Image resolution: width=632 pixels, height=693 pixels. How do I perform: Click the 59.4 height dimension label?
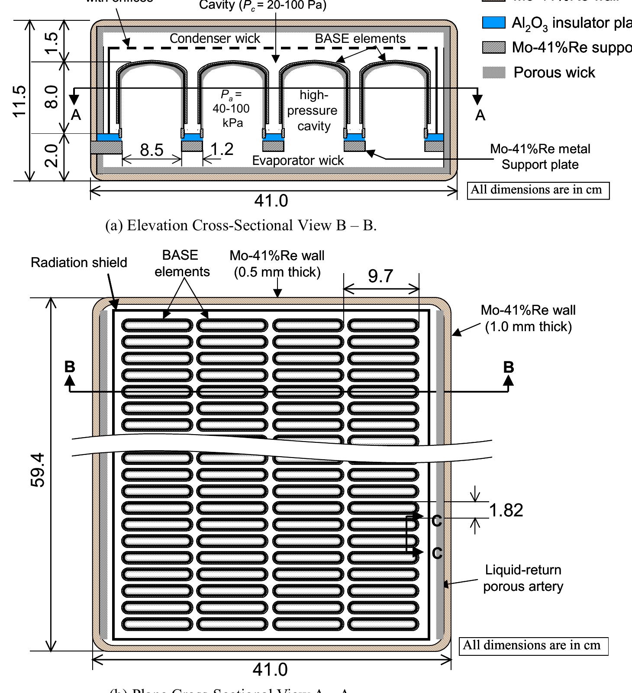[x=38, y=470]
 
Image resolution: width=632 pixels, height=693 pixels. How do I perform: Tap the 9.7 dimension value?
[x=380, y=276]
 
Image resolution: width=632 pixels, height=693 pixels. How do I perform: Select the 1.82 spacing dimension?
[x=506, y=510]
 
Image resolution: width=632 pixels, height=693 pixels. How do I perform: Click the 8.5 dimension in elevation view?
[x=152, y=150]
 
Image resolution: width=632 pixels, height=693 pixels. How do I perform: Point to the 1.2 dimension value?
[x=222, y=149]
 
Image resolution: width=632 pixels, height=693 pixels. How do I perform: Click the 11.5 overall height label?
[x=19, y=101]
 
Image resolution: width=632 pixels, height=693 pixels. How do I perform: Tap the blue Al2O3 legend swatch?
[x=493, y=23]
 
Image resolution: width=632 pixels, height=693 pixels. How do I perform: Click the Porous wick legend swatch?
[x=493, y=72]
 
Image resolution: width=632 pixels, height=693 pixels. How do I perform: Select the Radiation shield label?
[x=79, y=263]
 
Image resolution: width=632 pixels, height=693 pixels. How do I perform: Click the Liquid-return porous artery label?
[x=523, y=578]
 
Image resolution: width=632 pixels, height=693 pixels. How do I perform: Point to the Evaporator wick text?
[x=298, y=161]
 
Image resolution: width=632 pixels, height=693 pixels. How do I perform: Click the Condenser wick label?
[x=215, y=39]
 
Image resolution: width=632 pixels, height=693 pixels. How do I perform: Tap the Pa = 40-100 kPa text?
[x=231, y=108]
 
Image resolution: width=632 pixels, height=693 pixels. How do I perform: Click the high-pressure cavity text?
[x=313, y=110]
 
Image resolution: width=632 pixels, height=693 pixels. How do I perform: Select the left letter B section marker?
[x=70, y=367]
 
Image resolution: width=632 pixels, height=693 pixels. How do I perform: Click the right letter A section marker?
[x=480, y=115]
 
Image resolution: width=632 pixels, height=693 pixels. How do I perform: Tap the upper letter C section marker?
[x=437, y=521]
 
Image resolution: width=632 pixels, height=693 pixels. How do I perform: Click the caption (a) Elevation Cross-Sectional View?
[x=241, y=226]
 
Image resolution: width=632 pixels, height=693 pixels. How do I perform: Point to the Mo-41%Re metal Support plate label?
[x=540, y=157]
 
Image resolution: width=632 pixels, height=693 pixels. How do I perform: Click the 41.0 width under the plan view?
[x=270, y=670]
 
